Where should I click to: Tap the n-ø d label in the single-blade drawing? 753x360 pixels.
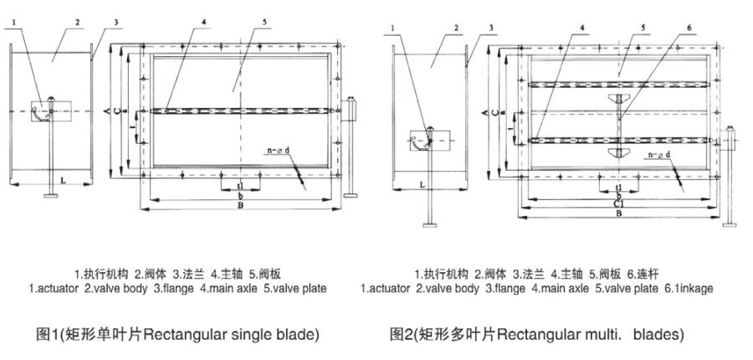pyautogui.click(x=279, y=151)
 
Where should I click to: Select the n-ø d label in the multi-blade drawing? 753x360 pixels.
pyautogui.click(x=659, y=156)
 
